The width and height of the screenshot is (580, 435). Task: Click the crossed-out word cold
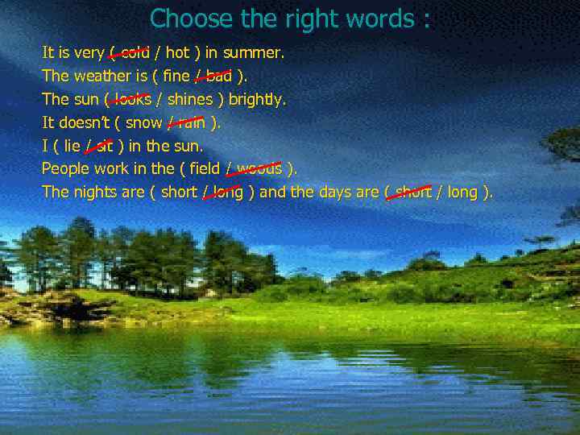pyautogui.click(x=134, y=53)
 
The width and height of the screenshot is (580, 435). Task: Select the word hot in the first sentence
pyautogui.click(x=177, y=53)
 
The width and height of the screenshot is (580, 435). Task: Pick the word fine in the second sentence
pyautogui.click(x=176, y=77)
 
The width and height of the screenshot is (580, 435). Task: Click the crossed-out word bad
pyautogui.click(x=217, y=77)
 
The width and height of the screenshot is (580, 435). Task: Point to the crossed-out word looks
pyautogui.click(x=132, y=100)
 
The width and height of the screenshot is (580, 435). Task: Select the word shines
pyautogui.click(x=190, y=100)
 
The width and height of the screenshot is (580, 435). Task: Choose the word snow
pyautogui.click(x=144, y=123)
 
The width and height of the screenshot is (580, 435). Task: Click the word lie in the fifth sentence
pyautogui.click(x=71, y=147)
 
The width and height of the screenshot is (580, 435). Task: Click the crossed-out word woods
pyautogui.click(x=259, y=169)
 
